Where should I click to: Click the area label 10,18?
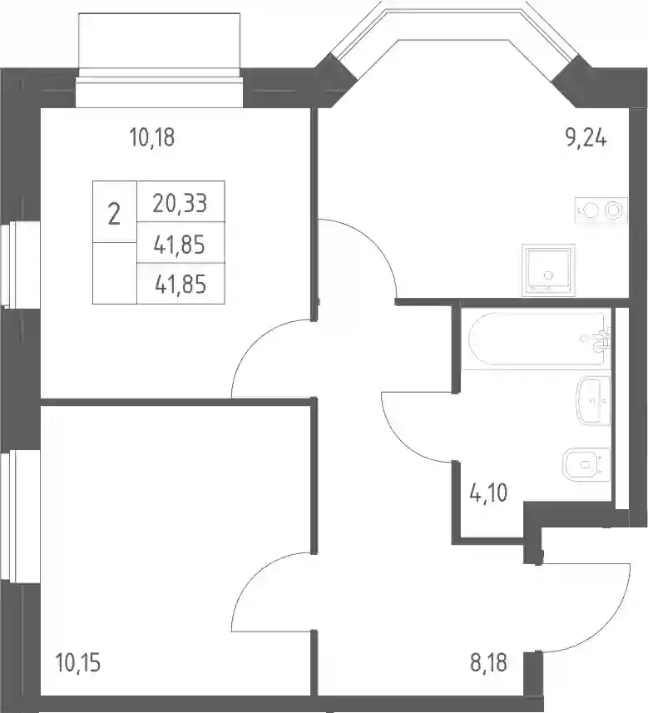(152, 137)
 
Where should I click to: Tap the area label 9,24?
(586, 137)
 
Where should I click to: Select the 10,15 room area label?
(77, 662)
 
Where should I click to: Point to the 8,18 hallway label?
(488, 662)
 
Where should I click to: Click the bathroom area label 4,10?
(488, 493)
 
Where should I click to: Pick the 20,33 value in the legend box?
(180, 203)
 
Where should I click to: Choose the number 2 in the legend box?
(114, 214)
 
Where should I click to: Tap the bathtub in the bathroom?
(539, 338)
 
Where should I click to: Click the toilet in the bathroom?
(586, 465)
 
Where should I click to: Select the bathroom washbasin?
(593, 400)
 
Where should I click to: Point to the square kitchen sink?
(548, 270)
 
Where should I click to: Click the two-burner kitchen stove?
(601, 210)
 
